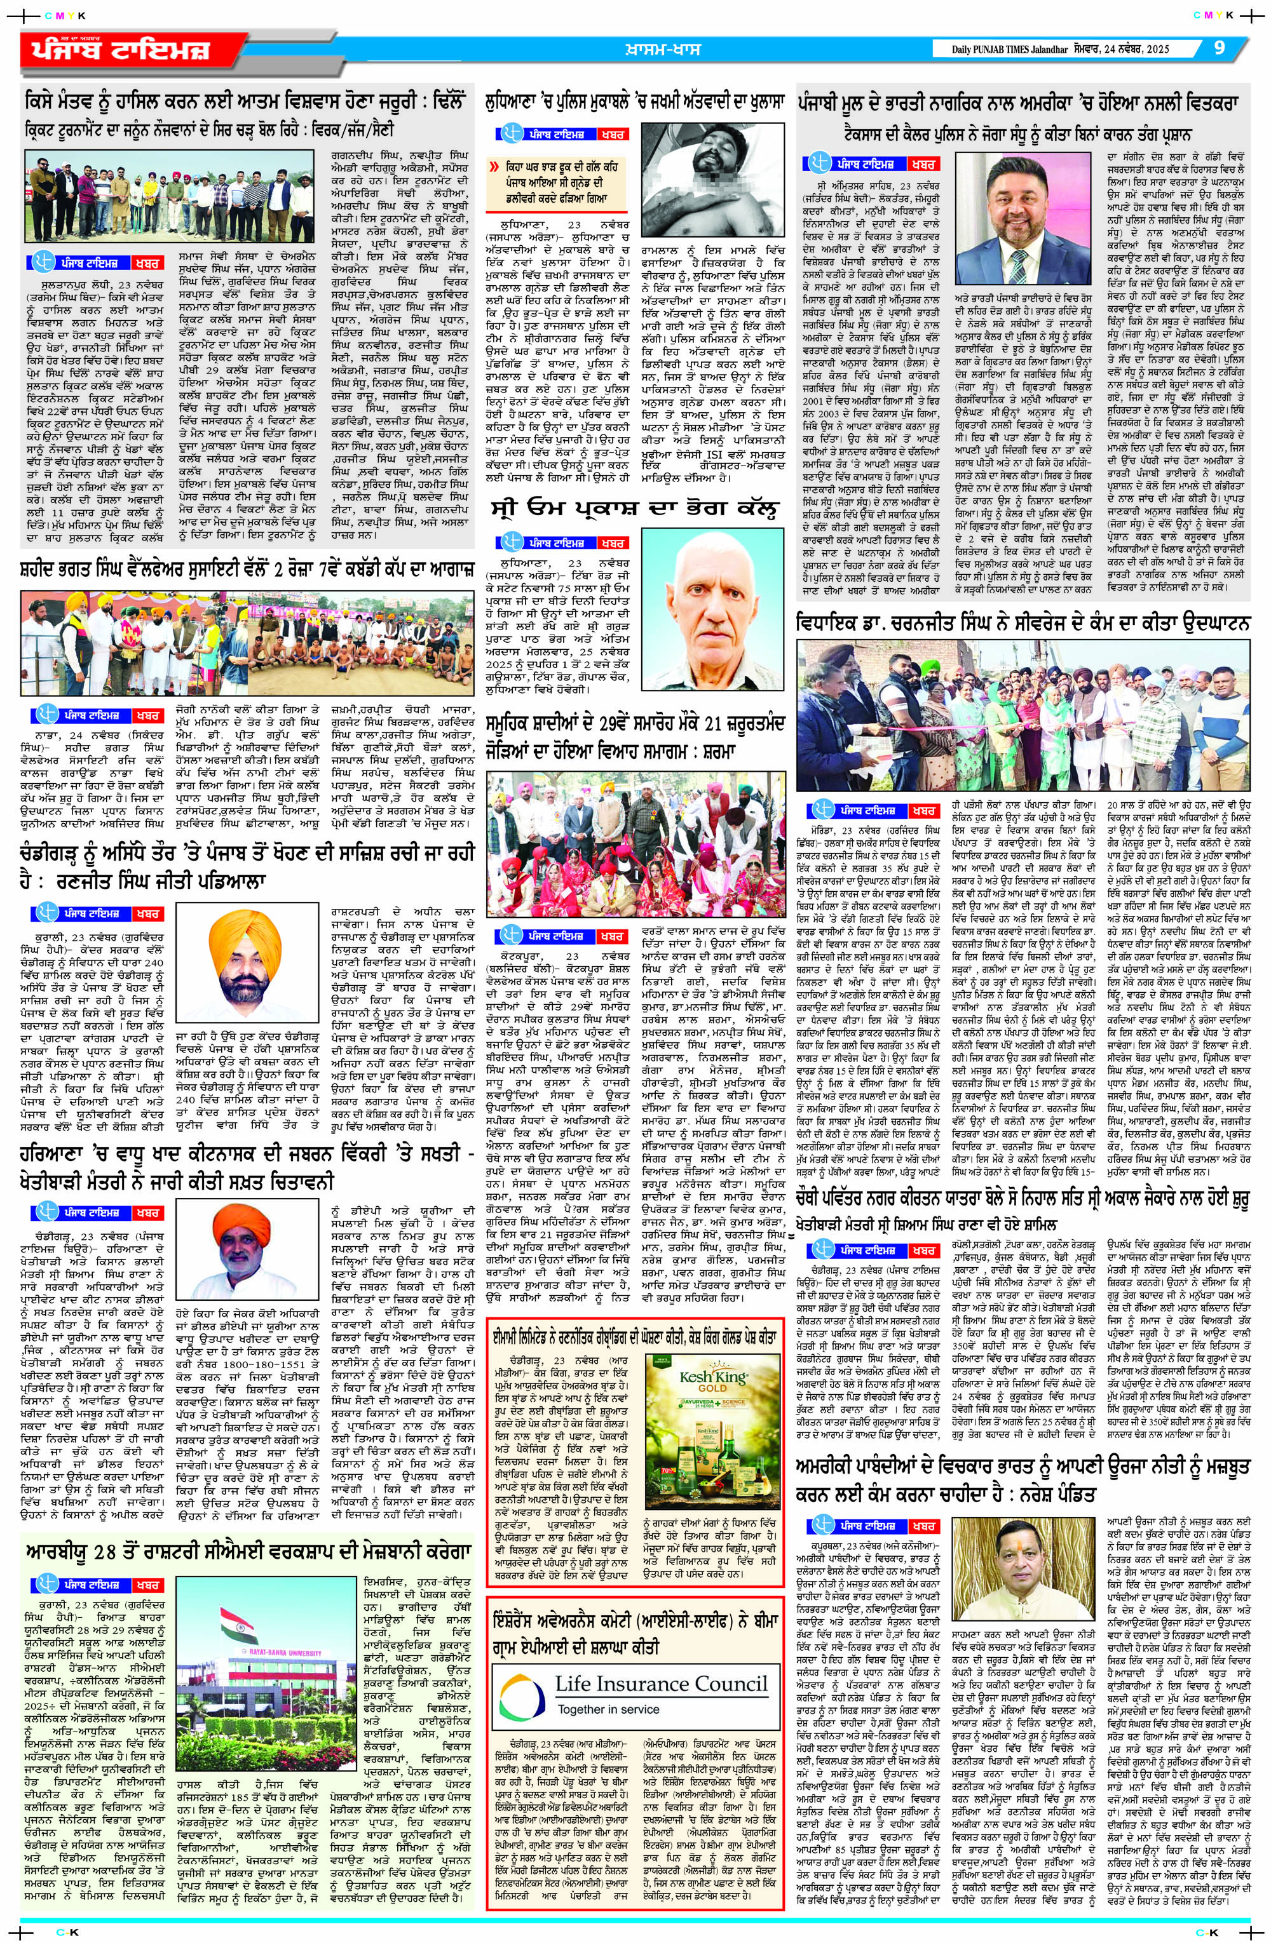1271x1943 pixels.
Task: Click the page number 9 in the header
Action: coord(1220,48)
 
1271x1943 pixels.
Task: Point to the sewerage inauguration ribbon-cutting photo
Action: coord(1023,715)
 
